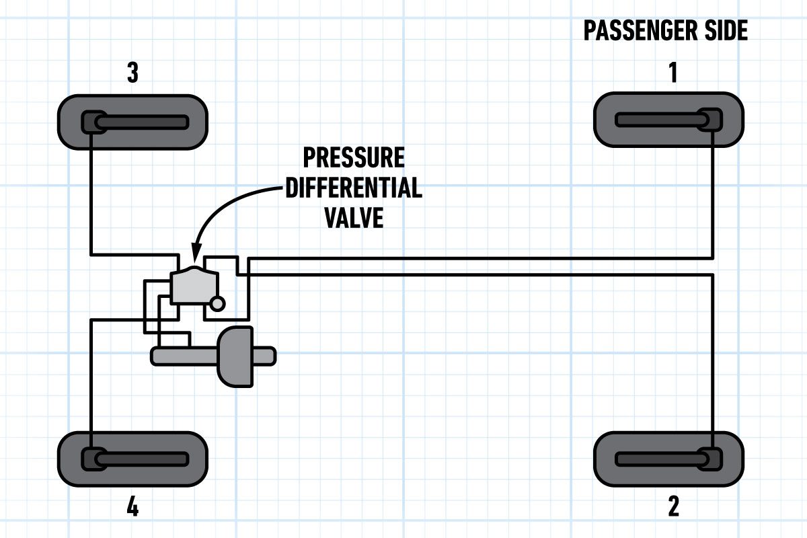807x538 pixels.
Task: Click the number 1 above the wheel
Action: pos(673,73)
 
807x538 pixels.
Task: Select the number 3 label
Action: pos(132,73)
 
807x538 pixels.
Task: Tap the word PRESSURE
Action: pos(354,157)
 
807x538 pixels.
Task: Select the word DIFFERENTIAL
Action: pos(354,188)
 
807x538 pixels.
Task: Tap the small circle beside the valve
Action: pos(217,304)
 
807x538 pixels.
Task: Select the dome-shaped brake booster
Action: pos(235,356)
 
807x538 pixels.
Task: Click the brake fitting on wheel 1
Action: pos(712,120)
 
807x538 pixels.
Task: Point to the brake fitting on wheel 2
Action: pos(712,459)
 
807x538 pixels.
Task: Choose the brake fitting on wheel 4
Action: pos(91,459)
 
